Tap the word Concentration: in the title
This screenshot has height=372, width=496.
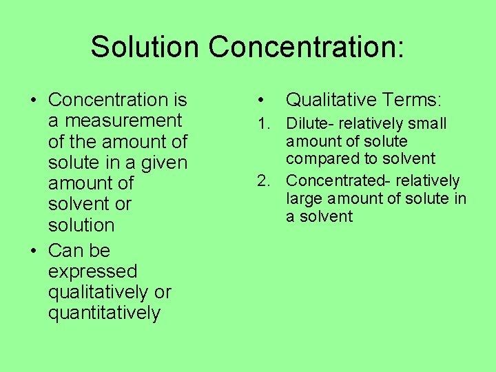307,47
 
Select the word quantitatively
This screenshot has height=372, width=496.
104,313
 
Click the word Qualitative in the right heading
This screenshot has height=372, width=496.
328,101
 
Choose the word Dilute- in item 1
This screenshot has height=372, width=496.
311,124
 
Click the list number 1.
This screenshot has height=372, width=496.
262,124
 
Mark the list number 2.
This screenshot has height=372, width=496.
262,181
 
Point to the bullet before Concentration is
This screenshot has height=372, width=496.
34,101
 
